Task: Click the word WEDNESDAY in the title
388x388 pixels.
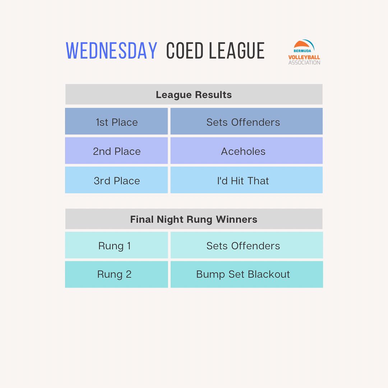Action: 111,51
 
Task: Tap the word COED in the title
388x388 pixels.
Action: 185,51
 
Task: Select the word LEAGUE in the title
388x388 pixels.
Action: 237,51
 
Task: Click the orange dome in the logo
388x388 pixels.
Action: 301,45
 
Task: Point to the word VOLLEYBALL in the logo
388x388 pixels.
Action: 304,57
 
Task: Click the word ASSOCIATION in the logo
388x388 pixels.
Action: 304,63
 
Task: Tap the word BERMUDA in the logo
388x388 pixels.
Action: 302,51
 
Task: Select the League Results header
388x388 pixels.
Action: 194,94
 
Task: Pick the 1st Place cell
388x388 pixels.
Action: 116,121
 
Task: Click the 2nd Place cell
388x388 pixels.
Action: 116,151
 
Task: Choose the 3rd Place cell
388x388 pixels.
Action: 116,180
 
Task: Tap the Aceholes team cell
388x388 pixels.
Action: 246,151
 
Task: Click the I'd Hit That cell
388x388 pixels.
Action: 246,180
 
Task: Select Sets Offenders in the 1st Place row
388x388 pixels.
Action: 246,121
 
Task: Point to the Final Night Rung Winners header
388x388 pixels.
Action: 194,219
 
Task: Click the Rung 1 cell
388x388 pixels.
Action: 116,245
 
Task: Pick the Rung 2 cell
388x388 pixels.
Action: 116,274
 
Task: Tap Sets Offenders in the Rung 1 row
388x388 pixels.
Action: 247,245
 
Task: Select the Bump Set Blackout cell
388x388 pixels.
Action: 247,274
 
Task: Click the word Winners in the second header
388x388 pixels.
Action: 236,219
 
